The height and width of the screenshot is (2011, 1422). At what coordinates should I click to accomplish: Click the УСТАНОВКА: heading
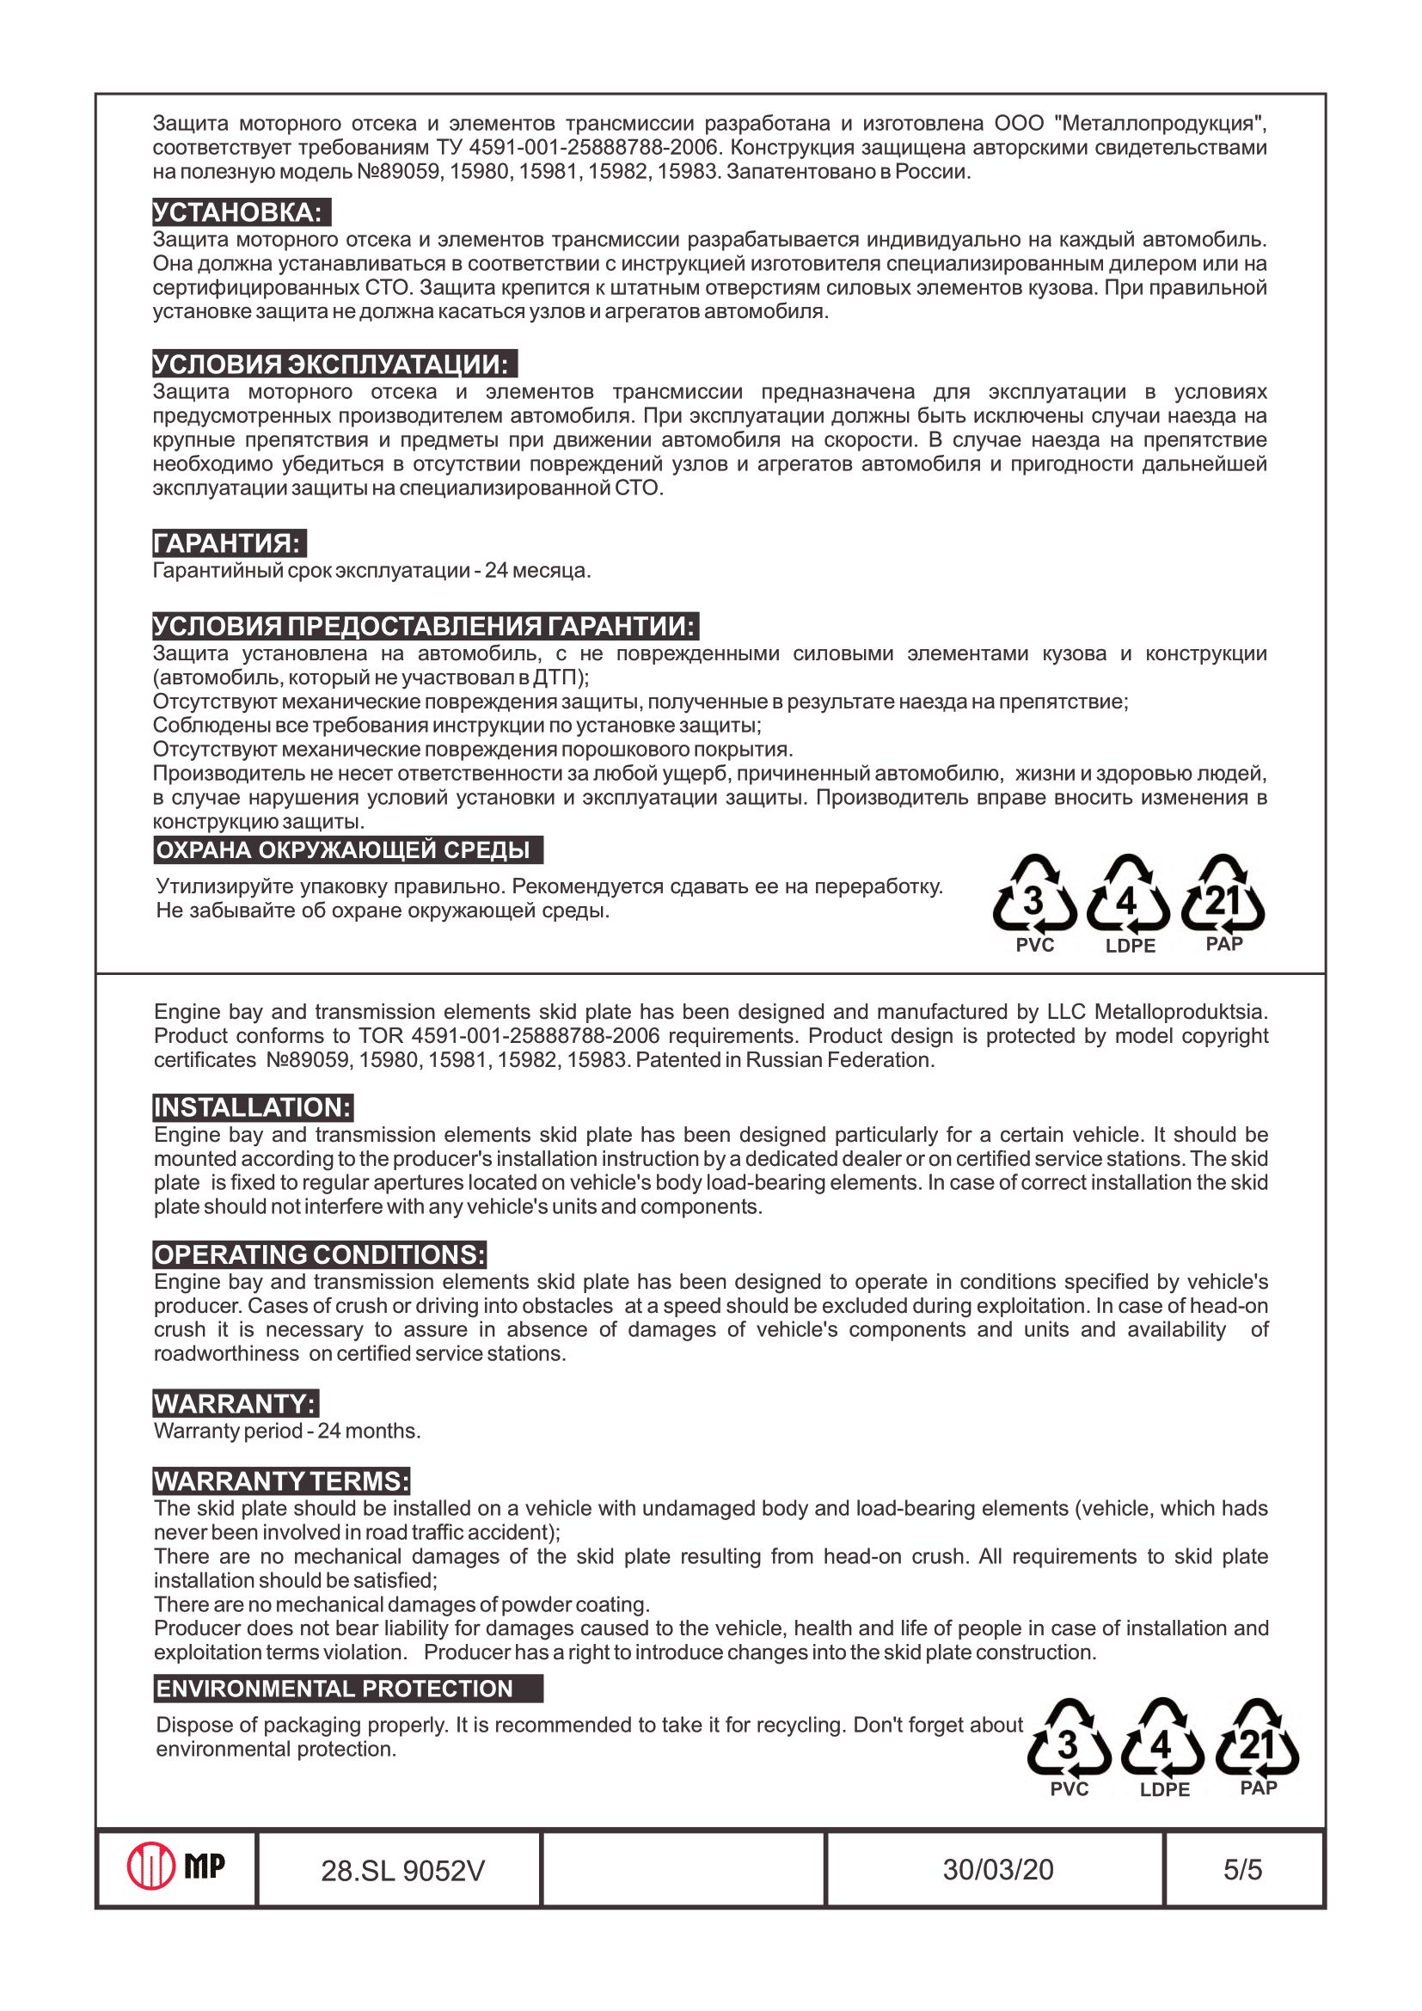pyautogui.click(x=241, y=213)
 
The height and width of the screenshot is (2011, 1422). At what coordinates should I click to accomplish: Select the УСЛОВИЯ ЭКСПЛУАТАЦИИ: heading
pyautogui.click(x=334, y=365)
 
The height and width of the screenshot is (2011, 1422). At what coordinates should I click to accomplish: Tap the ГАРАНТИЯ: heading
pyautogui.click(x=229, y=543)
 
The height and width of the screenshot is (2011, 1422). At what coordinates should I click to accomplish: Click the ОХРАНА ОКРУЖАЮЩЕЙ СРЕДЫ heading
pyautogui.click(x=347, y=850)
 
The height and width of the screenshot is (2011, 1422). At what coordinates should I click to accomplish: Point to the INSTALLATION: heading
pyautogui.click(x=253, y=1108)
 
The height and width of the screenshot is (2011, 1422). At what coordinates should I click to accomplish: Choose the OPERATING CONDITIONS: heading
pyautogui.click(x=320, y=1254)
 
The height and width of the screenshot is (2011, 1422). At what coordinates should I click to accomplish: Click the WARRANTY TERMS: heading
pyautogui.click(x=282, y=1481)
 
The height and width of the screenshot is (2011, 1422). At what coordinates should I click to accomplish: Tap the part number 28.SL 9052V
pyautogui.click(x=401, y=1871)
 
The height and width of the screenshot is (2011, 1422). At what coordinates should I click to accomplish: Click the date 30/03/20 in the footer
pyautogui.click(x=997, y=1870)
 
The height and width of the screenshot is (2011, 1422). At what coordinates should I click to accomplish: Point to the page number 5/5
pyautogui.click(x=1242, y=1870)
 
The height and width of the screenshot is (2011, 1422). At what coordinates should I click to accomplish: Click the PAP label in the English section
pyautogui.click(x=1259, y=1787)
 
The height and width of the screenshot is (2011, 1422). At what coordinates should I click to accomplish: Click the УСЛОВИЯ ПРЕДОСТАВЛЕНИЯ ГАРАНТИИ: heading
pyautogui.click(x=425, y=626)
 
